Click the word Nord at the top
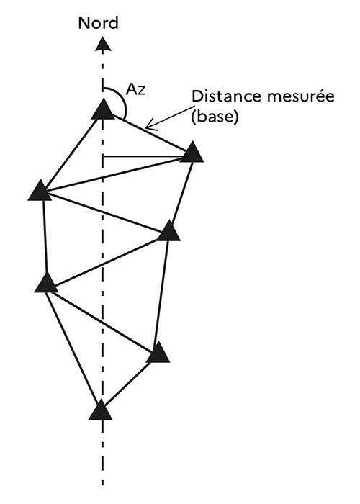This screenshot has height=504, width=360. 99,23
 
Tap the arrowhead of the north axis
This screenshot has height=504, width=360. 103,44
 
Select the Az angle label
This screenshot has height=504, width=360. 135,89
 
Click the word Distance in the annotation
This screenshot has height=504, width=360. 225,96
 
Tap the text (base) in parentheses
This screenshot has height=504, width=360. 215,117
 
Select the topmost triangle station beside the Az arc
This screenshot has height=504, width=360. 103,109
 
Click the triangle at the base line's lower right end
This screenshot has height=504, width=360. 192,152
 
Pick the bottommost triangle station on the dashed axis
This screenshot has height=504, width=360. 101,410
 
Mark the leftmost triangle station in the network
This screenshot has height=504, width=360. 40,191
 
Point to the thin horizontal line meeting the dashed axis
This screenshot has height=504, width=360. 145,157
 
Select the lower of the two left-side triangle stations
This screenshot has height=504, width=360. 47,283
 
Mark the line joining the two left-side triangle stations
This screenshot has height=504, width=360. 45,236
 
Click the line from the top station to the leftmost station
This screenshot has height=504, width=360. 71,152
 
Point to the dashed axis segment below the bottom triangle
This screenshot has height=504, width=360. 102,453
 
